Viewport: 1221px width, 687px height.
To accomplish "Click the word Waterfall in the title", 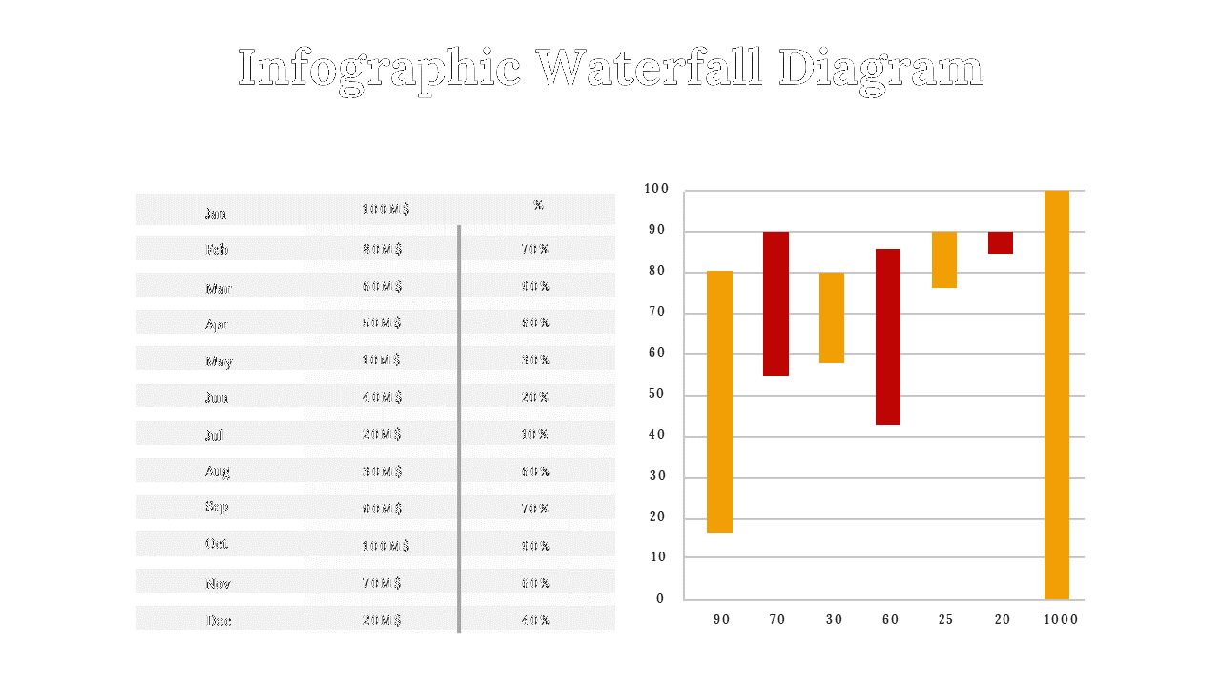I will [x=649, y=69].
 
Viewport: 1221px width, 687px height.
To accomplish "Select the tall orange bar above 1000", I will [x=1057, y=394].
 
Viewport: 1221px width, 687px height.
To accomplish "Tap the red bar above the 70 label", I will [x=776, y=303].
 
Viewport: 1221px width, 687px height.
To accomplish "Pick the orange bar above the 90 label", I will [x=719, y=402].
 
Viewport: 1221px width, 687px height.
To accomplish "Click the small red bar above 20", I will [x=1001, y=242].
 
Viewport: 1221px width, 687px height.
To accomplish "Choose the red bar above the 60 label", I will [x=888, y=336].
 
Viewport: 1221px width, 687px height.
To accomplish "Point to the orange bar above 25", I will [x=944, y=260].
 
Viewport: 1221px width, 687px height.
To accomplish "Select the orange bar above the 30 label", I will [x=832, y=317].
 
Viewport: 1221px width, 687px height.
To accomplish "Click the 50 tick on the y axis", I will [x=656, y=394].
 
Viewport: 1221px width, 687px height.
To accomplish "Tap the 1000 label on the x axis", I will [x=1060, y=619].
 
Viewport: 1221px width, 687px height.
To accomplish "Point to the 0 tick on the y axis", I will [x=660, y=598].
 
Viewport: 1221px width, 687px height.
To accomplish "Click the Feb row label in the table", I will [x=217, y=250].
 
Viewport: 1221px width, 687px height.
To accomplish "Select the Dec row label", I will [x=218, y=621].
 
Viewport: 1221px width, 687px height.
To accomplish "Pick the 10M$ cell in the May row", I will [x=382, y=360].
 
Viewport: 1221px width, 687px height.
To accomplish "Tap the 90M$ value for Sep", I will [x=383, y=509].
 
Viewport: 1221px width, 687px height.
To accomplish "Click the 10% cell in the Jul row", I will [x=535, y=434].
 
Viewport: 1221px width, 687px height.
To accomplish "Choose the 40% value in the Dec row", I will [x=536, y=620].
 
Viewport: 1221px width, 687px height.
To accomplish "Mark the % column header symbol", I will [x=538, y=205].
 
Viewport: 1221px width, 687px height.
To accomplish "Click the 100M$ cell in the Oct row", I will [x=386, y=546].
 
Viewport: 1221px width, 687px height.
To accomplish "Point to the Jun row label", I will [x=217, y=398].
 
